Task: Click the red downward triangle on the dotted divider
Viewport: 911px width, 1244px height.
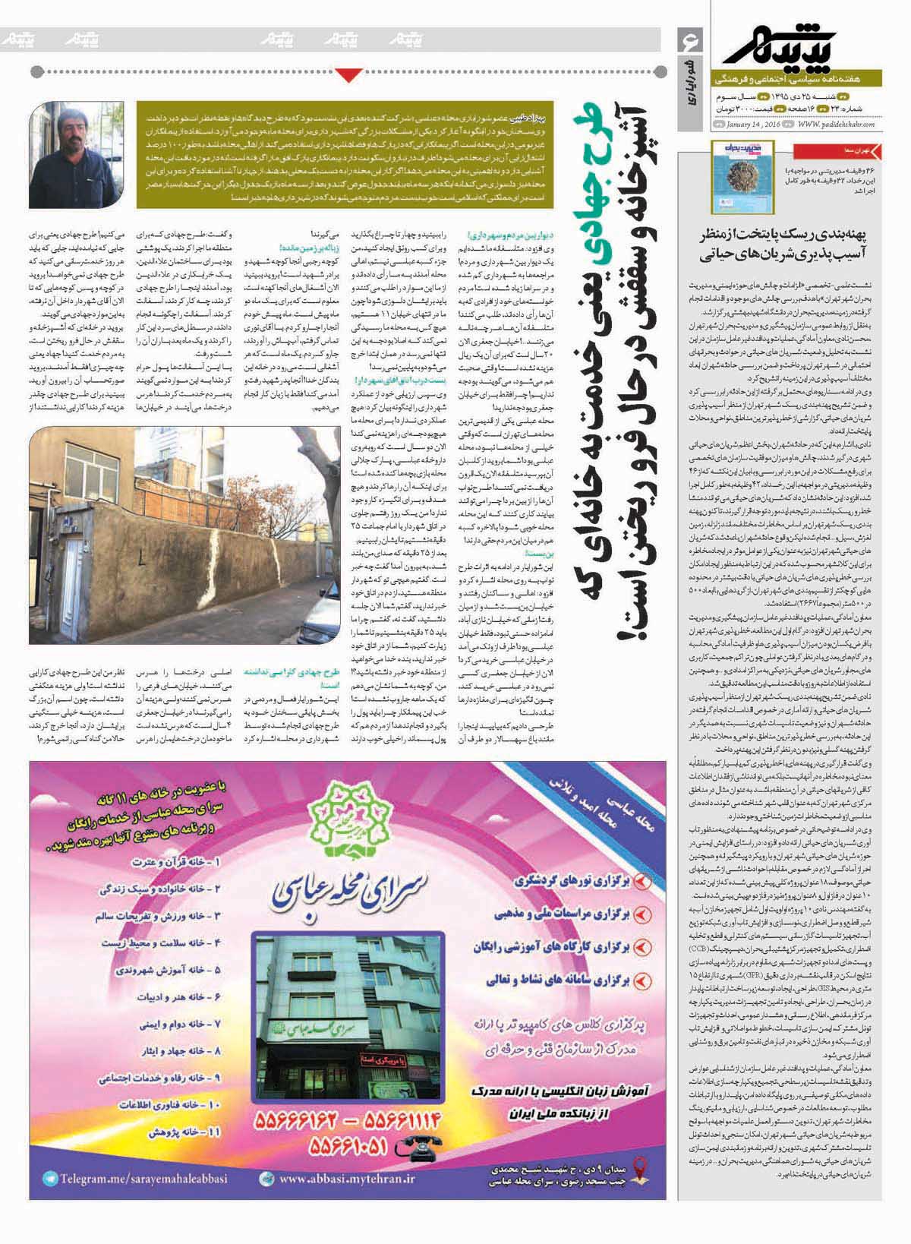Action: (x=349, y=74)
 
